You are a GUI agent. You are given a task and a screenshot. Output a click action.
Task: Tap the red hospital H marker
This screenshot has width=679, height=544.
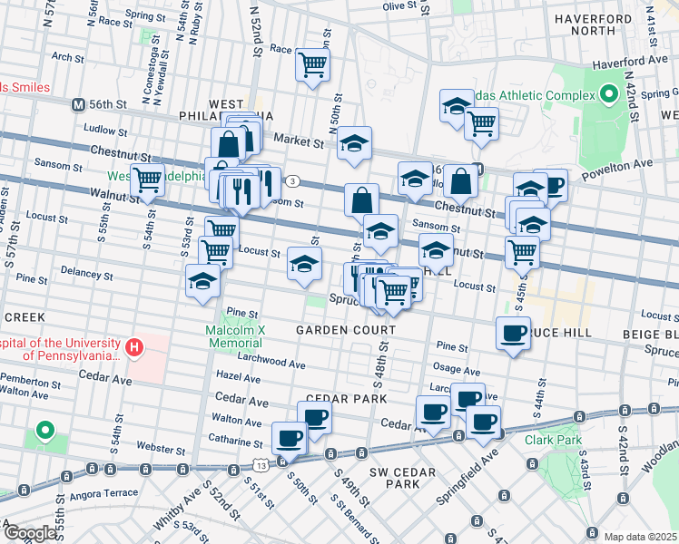pyautogui.click(x=134, y=347)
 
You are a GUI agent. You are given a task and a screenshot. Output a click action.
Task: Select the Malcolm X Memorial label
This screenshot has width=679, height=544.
pyautogui.click(x=235, y=337)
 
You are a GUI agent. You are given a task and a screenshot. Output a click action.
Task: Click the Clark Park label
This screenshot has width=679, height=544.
pyautogui.click(x=552, y=440)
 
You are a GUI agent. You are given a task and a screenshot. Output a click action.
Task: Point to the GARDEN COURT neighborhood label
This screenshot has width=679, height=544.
pyautogui.click(x=346, y=330)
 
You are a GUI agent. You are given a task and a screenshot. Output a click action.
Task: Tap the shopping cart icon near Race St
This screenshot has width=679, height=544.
pyautogui.click(x=312, y=65)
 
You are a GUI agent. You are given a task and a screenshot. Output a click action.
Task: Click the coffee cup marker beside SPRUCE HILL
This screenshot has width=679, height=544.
pyautogui.click(x=514, y=334)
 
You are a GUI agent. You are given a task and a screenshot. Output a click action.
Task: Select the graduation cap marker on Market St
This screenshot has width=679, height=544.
pyautogui.click(x=355, y=143)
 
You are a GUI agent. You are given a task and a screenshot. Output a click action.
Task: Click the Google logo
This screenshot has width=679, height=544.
pyautogui.click(x=29, y=533)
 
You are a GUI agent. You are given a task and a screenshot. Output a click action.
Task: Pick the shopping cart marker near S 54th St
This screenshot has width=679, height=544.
pyautogui.click(x=147, y=181)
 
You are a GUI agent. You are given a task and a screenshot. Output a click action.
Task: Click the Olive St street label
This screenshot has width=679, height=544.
pyautogui.click(x=399, y=6)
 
